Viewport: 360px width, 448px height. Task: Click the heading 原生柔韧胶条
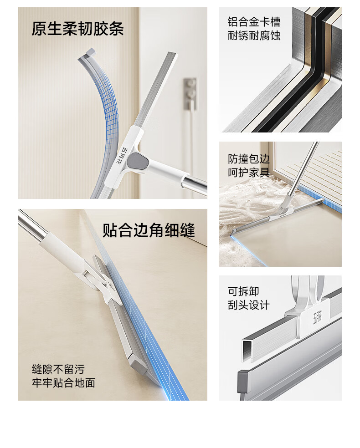pyautogui.click(x=77, y=29)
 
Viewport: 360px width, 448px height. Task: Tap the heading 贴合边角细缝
pyautogui.click(x=149, y=230)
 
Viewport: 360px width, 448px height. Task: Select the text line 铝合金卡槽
pyautogui.click(x=254, y=22)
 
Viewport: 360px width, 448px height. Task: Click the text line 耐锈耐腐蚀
pyautogui.click(x=254, y=36)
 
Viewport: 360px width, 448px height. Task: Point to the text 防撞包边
pyautogui.click(x=249, y=159)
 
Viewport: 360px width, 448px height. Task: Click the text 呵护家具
pyautogui.click(x=249, y=173)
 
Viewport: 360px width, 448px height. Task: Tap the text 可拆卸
pyautogui.click(x=243, y=291)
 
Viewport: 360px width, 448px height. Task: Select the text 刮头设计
pyautogui.click(x=249, y=305)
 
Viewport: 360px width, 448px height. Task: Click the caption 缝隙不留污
pyautogui.click(x=58, y=369)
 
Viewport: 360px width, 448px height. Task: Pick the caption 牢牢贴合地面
pyautogui.click(x=63, y=383)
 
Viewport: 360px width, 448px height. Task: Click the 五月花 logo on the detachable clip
pyautogui.click(x=317, y=317)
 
